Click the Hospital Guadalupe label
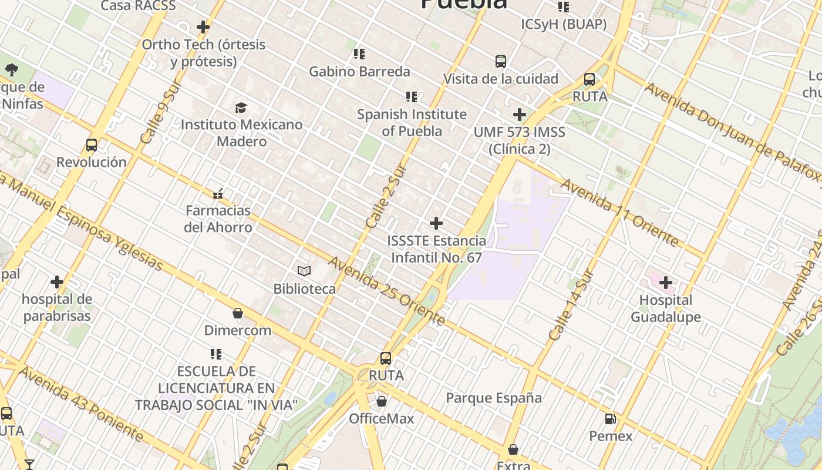point(666,308)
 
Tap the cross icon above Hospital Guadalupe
point(665,283)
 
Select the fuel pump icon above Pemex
point(611,419)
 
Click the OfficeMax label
point(382,419)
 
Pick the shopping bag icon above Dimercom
point(238,313)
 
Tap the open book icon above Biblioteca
point(304,271)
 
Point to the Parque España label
point(494,398)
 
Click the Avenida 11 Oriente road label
point(619,212)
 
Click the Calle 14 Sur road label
point(572,305)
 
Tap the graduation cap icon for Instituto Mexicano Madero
point(241,108)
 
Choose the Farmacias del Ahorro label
point(218,219)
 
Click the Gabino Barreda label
point(359,72)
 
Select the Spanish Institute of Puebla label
point(412,123)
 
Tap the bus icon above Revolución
point(91,145)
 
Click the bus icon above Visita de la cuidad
point(500,61)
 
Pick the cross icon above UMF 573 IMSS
point(519,114)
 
